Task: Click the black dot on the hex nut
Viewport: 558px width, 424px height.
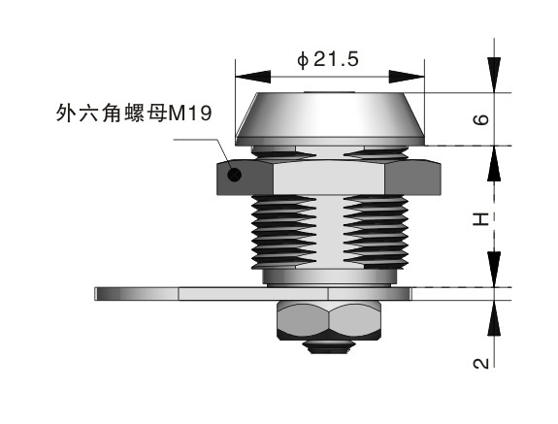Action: pos(233,176)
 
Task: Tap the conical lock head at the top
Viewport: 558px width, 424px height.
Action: pos(329,115)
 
